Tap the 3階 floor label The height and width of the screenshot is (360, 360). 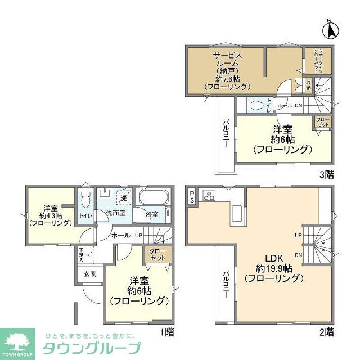[327, 174]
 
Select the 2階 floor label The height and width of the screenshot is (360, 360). [327, 331]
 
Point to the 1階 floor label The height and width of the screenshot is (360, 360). [166, 331]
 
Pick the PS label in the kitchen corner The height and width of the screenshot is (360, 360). [192, 196]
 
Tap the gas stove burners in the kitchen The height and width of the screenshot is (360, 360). [209, 196]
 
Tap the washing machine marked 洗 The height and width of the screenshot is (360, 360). [123, 198]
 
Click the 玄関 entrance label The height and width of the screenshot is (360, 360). [90, 274]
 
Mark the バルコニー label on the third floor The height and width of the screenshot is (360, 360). [224, 134]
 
